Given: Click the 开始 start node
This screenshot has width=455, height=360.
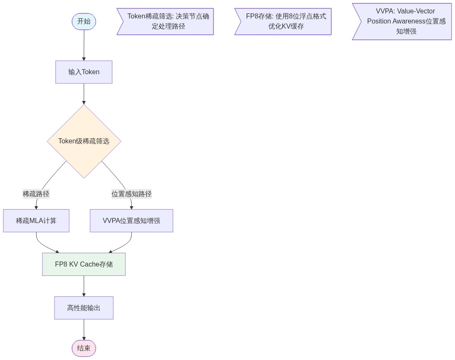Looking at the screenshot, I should [84, 22].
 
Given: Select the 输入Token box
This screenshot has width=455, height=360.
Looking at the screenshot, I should [84, 72].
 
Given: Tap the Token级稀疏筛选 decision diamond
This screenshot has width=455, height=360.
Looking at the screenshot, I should [84, 141].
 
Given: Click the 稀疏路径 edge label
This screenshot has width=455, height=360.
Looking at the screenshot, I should [36, 194].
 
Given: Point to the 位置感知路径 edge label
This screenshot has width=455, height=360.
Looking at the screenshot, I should [131, 194].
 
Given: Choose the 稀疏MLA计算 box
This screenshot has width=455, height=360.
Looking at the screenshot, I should [36, 221].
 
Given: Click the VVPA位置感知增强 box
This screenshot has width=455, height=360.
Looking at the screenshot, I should [131, 221].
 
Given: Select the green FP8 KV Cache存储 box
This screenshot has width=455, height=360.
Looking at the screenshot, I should [84, 264].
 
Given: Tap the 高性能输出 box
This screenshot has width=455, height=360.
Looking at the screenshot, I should [84, 308].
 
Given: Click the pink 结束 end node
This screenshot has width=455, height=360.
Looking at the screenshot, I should [84, 348].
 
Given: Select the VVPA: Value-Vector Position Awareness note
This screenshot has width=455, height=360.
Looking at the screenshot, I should [403, 22].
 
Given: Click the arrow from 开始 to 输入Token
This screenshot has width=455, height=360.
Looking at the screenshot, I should [84, 45].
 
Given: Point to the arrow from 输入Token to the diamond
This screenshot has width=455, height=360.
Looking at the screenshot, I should [84, 94].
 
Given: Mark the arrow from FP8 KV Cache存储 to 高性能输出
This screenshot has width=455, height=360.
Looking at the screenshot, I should [84, 286].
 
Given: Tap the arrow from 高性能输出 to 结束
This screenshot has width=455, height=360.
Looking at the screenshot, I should [84, 329].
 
